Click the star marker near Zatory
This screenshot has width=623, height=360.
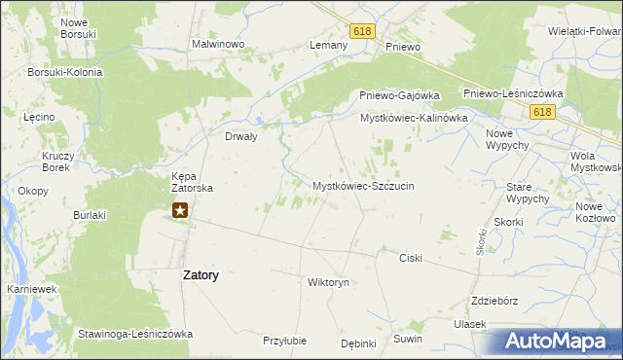coord(180,209)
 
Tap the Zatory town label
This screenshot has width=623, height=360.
coord(201,275)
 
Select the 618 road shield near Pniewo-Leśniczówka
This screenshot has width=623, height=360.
coord(543,113)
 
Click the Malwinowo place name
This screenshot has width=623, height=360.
coord(217,45)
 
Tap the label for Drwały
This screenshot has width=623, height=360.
coord(240,137)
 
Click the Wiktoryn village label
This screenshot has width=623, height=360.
coord(328,282)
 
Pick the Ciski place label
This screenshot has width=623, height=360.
coord(410,258)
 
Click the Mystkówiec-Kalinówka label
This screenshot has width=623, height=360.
coord(415,118)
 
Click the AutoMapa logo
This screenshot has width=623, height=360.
coord(561,341)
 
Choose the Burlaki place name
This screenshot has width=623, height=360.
coord(90,214)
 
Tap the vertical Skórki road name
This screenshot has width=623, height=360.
coord(481,242)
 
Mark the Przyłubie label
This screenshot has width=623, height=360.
coord(284,341)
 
